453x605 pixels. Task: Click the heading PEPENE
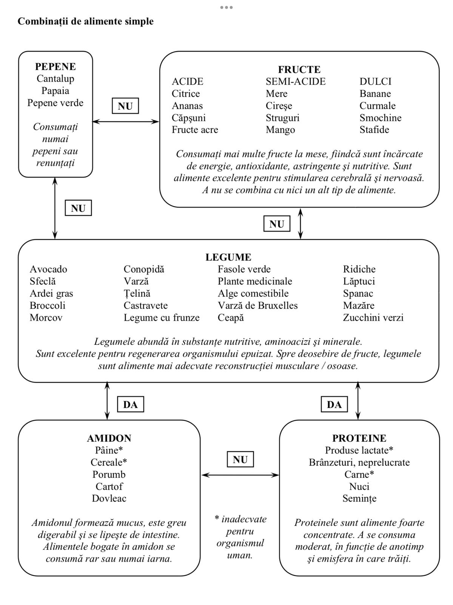55,67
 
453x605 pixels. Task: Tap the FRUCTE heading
299,70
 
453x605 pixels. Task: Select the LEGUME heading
228,258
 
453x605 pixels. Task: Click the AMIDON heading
109,438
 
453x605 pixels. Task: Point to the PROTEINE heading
359,438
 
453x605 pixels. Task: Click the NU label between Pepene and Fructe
125,106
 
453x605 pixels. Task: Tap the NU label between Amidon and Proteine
240,460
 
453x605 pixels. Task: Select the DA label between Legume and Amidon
130,405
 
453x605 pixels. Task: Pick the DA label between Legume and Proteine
334,405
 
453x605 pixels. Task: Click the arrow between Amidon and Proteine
240,475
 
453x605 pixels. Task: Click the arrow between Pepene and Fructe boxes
126,121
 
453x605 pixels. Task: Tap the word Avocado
48,269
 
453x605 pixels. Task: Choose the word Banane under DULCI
375,94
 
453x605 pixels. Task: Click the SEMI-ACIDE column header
296,82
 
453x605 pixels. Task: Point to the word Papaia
55,91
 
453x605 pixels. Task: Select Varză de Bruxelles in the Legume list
257,306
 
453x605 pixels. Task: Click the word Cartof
109,487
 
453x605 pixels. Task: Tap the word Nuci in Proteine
359,487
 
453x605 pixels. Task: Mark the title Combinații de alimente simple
86,22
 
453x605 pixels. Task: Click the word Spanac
358,293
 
